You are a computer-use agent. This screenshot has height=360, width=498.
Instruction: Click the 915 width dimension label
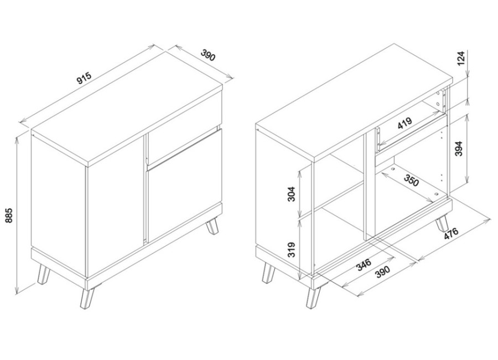pos(84,78)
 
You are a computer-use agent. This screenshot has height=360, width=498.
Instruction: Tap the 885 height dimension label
pos(9,215)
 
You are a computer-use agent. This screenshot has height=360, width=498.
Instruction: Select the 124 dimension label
pos(461,58)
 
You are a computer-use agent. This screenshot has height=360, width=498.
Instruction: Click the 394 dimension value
pos(459,148)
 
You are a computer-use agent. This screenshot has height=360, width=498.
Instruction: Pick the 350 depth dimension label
pos(412,180)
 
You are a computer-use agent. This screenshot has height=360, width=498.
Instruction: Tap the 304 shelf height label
pos(291,194)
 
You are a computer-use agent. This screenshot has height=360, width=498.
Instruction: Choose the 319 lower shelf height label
pos(291,250)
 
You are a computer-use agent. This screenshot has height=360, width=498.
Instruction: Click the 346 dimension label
pos(363,265)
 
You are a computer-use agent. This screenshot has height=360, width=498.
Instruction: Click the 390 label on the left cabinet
pos(208,55)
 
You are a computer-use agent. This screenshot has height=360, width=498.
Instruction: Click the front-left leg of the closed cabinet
pos(86,299)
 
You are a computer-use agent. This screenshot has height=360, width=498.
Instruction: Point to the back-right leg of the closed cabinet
pos(212,226)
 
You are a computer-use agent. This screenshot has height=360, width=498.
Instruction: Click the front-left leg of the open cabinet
pos(313,297)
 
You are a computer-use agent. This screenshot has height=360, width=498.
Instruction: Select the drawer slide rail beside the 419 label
pos(378,139)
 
